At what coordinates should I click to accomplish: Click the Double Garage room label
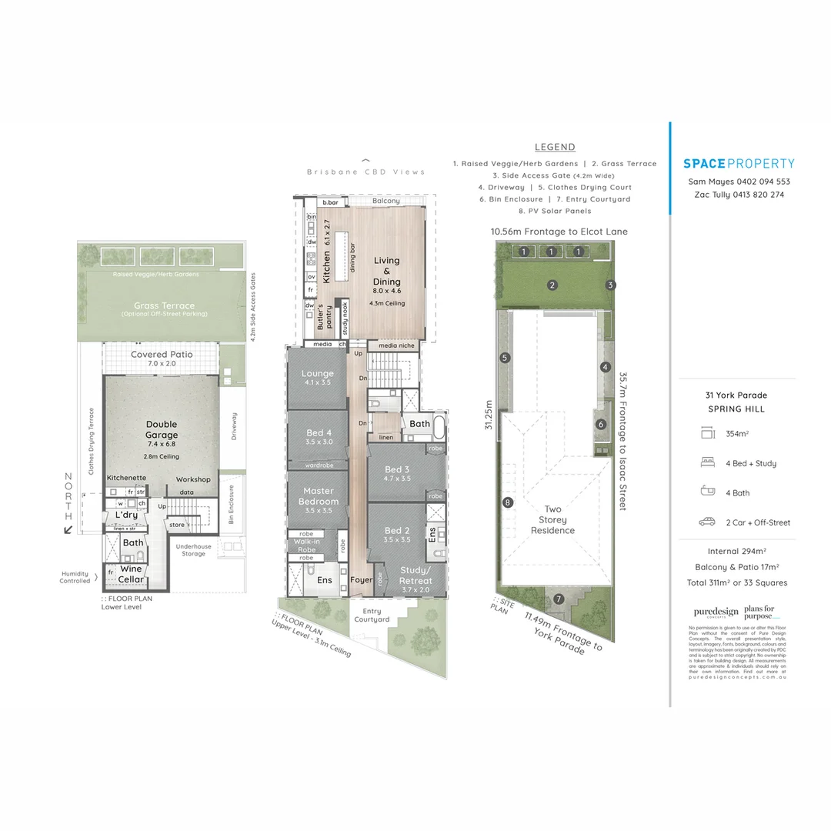162,429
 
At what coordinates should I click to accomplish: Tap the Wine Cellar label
130,574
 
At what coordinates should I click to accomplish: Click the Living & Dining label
387,272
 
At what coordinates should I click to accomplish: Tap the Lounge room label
317,374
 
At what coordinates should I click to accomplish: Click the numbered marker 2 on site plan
552,285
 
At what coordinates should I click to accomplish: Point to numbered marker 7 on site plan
559,599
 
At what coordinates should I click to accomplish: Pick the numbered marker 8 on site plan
507,503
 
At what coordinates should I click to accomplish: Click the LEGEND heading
555,147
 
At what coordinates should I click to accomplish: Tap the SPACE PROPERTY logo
739,163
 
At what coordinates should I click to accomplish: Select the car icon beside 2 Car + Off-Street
706,522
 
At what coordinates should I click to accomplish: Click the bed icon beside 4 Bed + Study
706,463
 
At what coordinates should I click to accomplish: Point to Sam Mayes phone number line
739,182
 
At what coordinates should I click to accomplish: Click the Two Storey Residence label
552,519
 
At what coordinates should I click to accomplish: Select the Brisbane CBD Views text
365,172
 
